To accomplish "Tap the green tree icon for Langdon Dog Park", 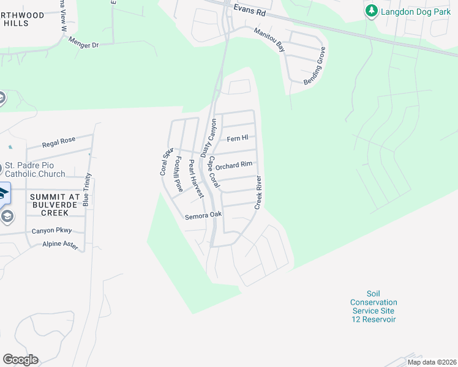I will pos(371,11).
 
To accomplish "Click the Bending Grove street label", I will pos(314,66).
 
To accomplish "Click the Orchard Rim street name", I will pos(234,165).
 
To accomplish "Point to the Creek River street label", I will pos(258,193).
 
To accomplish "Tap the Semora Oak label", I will pos(204,215).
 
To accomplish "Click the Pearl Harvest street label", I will pos(196,179).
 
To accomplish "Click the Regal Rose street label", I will pos(59,143).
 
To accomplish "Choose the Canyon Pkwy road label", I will pos(52,231).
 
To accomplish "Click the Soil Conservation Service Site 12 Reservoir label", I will pos(374,311).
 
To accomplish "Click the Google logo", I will pos(20,360).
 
